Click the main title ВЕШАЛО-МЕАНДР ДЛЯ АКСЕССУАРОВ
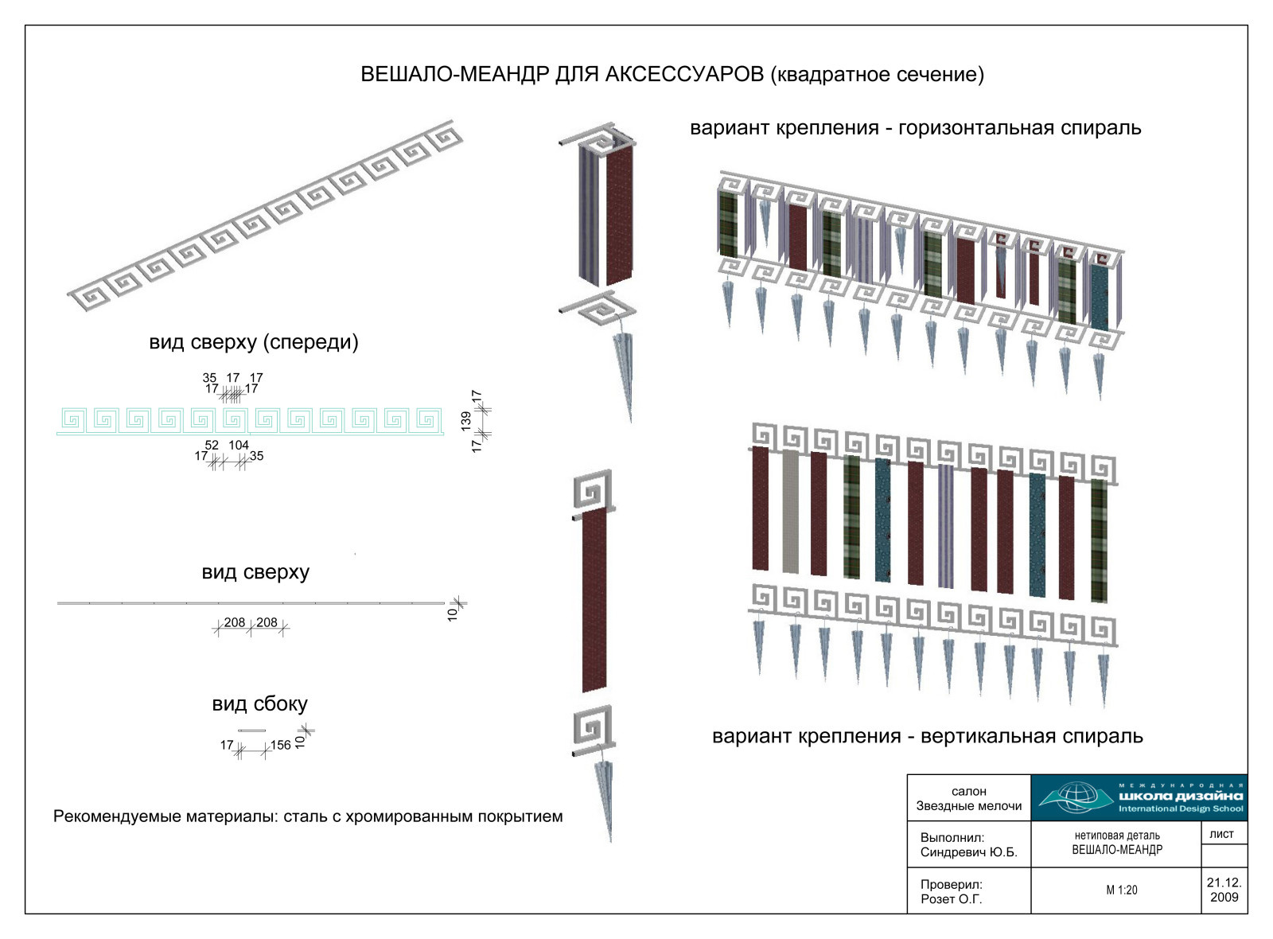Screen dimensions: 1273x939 [562, 75]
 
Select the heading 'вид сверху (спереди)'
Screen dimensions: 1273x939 [254, 342]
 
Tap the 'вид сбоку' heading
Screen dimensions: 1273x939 [259, 704]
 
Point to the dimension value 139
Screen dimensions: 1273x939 [466, 421]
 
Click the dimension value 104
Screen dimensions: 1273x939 [239, 445]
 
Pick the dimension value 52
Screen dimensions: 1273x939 [212, 445]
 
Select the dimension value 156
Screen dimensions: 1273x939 [281, 745]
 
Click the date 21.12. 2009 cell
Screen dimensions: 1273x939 [1224, 890]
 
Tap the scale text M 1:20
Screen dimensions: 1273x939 [1122, 890]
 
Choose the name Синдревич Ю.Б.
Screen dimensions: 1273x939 [968, 852]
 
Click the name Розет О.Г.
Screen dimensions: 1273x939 [952, 899]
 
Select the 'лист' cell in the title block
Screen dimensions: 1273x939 [1222, 834]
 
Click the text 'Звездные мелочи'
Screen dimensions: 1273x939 [969, 806]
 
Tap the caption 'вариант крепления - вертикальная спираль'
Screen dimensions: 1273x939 [928, 736]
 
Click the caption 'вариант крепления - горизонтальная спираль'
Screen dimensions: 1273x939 [916, 128]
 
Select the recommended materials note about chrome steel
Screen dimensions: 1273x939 [308, 816]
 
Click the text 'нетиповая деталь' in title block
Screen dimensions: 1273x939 [1117, 836]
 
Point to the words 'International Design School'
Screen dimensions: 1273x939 [1181, 808]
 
